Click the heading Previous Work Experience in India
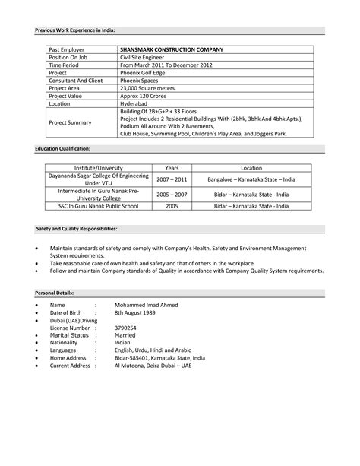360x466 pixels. (x=74, y=30)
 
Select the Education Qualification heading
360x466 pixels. (x=63, y=148)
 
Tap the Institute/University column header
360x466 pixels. (x=96, y=166)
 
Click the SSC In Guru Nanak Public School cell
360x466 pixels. (x=96, y=205)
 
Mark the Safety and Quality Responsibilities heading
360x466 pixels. (x=77, y=228)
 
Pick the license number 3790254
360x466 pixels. (x=126, y=328)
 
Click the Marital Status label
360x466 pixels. (x=71, y=335)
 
